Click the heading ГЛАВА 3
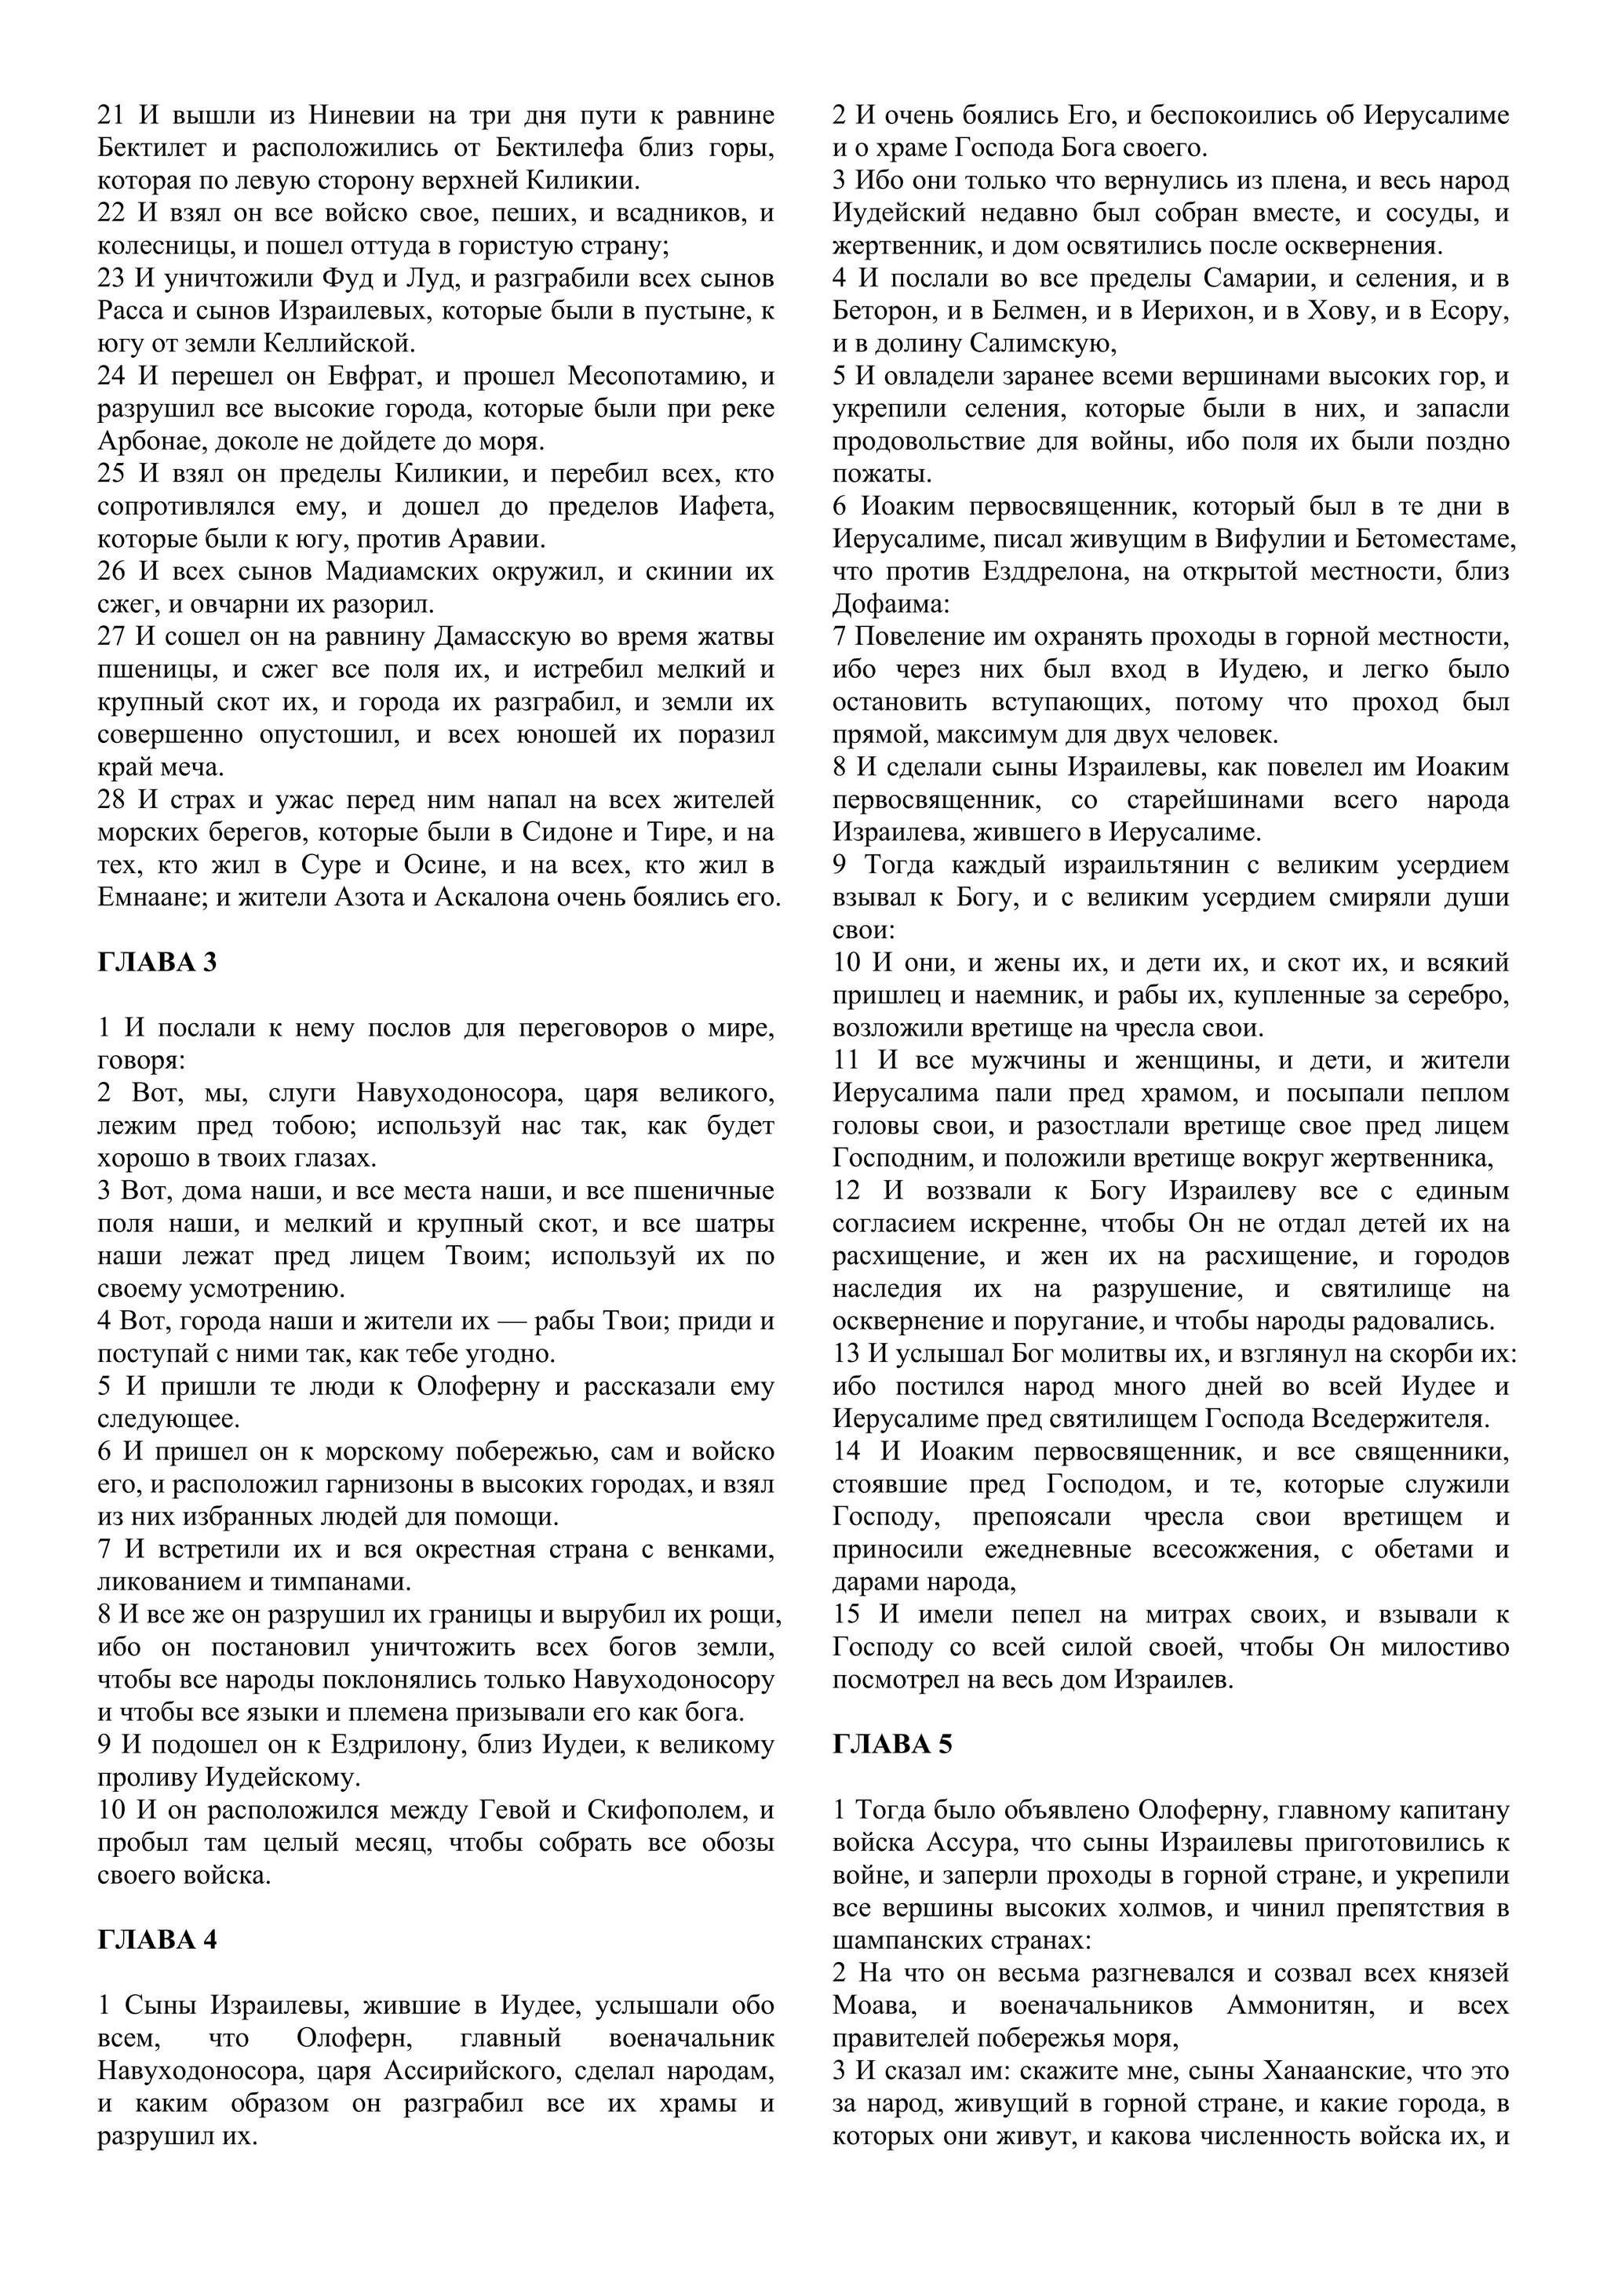coord(158,963)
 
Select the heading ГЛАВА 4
coord(158,1940)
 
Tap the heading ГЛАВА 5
coord(892,1745)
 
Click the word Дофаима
coord(887,605)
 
